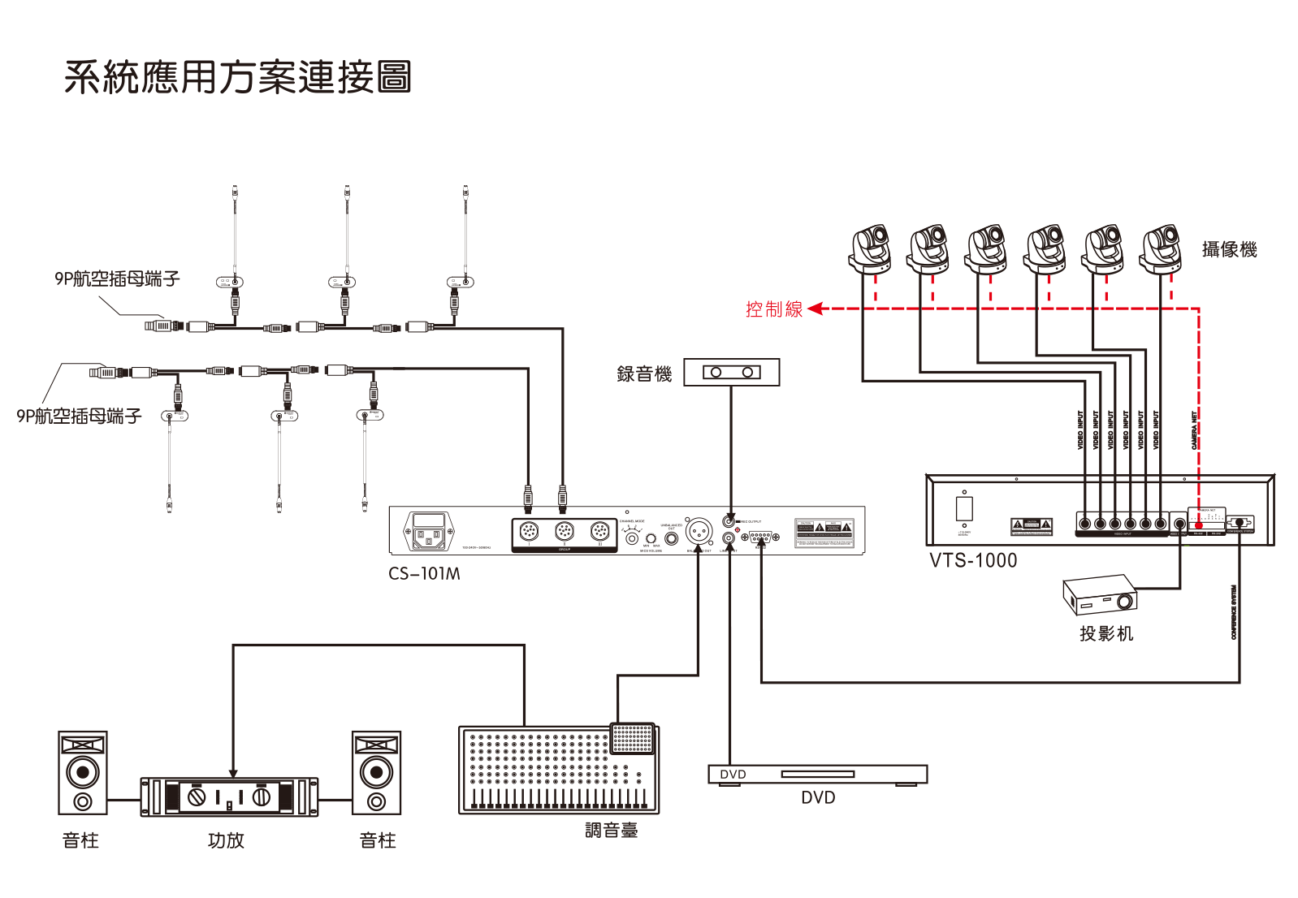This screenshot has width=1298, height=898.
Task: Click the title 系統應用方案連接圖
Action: click(x=238, y=78)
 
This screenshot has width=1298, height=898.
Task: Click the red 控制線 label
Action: click(x=773, y=309)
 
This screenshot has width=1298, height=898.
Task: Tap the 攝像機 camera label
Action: click(x=1228, y=250)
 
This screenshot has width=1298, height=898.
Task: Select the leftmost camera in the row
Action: click(x=870, y=249)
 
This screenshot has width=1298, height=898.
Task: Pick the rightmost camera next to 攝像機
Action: click(x=1161, y=249)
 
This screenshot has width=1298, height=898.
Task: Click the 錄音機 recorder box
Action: click(x=731, y=373)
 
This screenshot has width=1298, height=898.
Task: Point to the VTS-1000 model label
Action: click(x=972, y=561)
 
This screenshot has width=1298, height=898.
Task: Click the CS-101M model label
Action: click(x=424, y=574)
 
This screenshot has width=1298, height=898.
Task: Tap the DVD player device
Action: click(x=817, y=775)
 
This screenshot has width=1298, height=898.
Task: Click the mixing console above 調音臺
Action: click(x=559, y=770)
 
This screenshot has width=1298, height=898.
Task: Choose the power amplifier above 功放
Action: click(x=229, y=797)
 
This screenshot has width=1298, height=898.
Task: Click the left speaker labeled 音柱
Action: click(x=83, y=772)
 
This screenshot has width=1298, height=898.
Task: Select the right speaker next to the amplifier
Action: click(x=376, y=772)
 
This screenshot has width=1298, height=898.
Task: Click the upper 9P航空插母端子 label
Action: click(x=117, y=279)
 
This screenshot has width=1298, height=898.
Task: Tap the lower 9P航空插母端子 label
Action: click(x=79, y=417)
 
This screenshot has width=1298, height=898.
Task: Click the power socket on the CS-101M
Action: click(x=429, y=531)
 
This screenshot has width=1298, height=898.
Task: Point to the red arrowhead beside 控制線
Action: click(x=816, y=309)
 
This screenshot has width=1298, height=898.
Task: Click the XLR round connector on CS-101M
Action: click(x=699, y=533)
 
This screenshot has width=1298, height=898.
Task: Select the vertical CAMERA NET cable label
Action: click(x=1194, y=430)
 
